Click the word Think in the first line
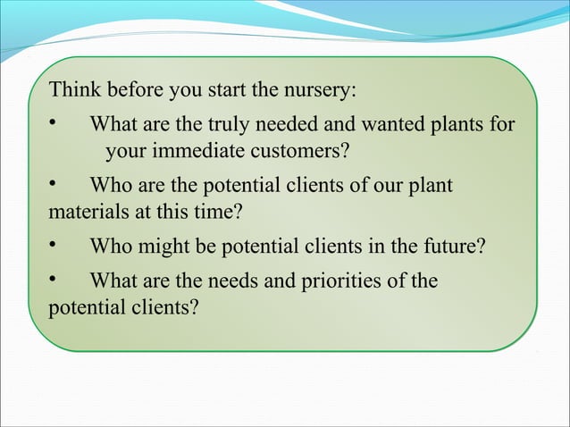75,91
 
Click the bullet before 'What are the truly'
53,123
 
